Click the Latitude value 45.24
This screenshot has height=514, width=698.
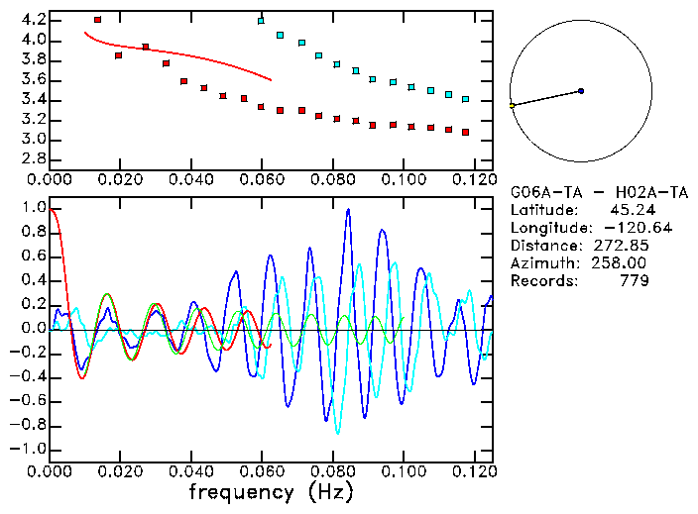point(629,210)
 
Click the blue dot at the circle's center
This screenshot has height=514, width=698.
point(581,91)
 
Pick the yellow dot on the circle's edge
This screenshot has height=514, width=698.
point(512,105)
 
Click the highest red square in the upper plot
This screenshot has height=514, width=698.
point(97,20)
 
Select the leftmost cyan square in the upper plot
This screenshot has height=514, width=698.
point(261,21)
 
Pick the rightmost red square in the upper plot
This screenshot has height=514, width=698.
point(466,132)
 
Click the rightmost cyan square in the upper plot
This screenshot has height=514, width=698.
point(466,99)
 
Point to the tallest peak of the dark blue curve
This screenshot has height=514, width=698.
point(348,210)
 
